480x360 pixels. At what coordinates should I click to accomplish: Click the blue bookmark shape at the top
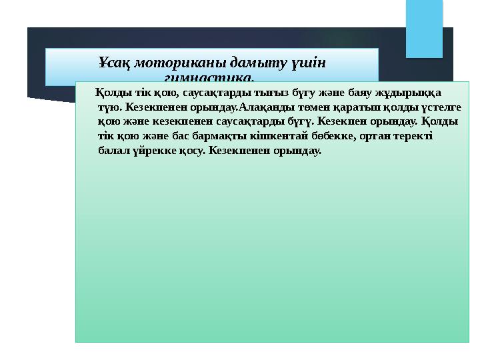[425, 28]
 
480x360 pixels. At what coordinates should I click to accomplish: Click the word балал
[111, 151]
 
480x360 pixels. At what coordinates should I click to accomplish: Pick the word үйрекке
[151, 151]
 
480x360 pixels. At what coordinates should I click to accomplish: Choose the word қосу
[193, 151]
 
